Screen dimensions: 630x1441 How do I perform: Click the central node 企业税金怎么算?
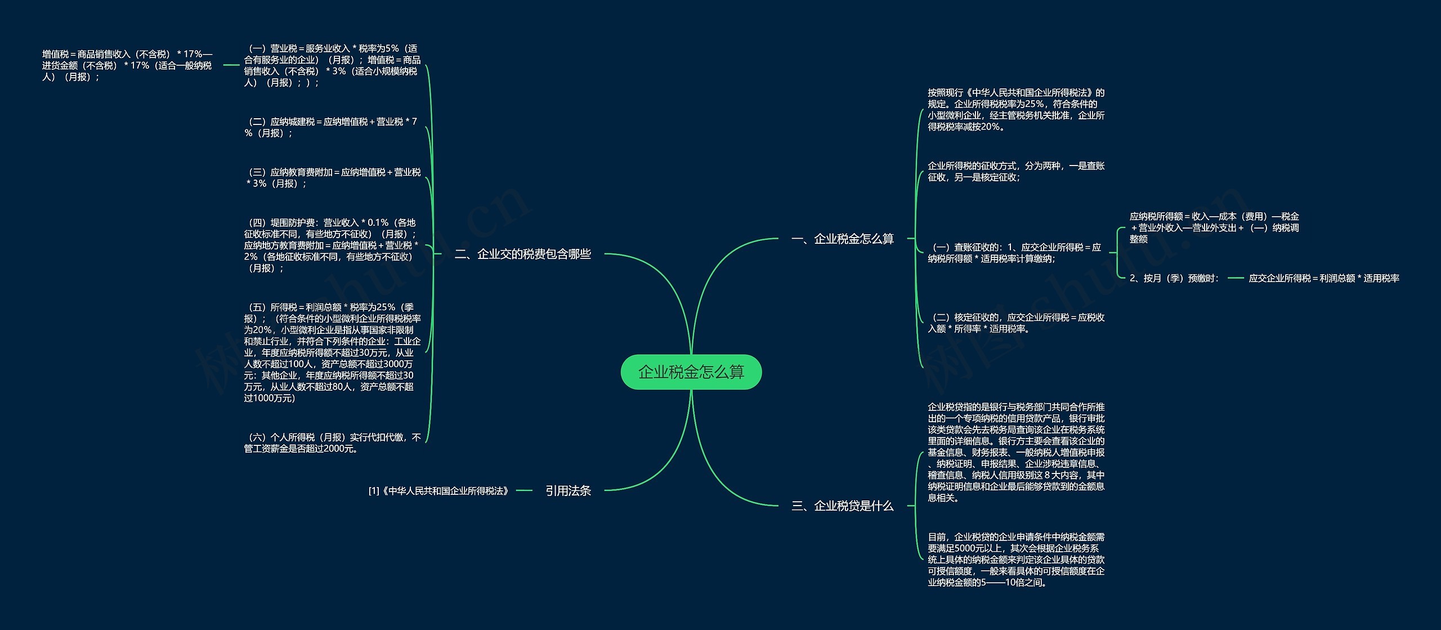[x=691, y=372]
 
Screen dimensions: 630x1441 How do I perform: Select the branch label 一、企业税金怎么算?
[x=842, y=239]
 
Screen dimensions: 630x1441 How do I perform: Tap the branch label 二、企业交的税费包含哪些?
[x=522, y=254]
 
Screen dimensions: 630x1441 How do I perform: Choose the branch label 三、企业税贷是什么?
[x=842, y=506]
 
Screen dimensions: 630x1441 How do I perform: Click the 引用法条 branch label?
[x=567, y=491]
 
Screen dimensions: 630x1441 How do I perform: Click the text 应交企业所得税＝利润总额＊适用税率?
[x=1323, y=278]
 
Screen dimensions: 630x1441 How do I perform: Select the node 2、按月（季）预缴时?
[x=1174, y=278]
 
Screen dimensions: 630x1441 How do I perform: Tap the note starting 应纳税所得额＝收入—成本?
[x=1214, y=227]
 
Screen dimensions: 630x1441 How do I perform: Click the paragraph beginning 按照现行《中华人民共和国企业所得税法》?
[x=1015, y=110]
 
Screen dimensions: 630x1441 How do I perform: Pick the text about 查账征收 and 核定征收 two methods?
[x=1015, y=172]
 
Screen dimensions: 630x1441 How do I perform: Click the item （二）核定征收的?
[x=1015, y=323]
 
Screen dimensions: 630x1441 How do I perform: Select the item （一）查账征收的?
[x=1014, y=253]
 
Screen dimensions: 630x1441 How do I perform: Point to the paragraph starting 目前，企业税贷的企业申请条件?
[x=1015, y=560]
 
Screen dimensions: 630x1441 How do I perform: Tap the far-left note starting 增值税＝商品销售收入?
[x=127, y=65]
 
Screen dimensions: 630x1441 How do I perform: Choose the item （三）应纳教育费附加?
[x=332, y=178]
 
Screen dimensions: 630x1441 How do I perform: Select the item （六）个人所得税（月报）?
[x=332, y=443]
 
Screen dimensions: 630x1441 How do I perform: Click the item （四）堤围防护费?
[x=331, y=245]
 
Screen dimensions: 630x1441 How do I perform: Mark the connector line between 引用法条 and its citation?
[x=523, y=491]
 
